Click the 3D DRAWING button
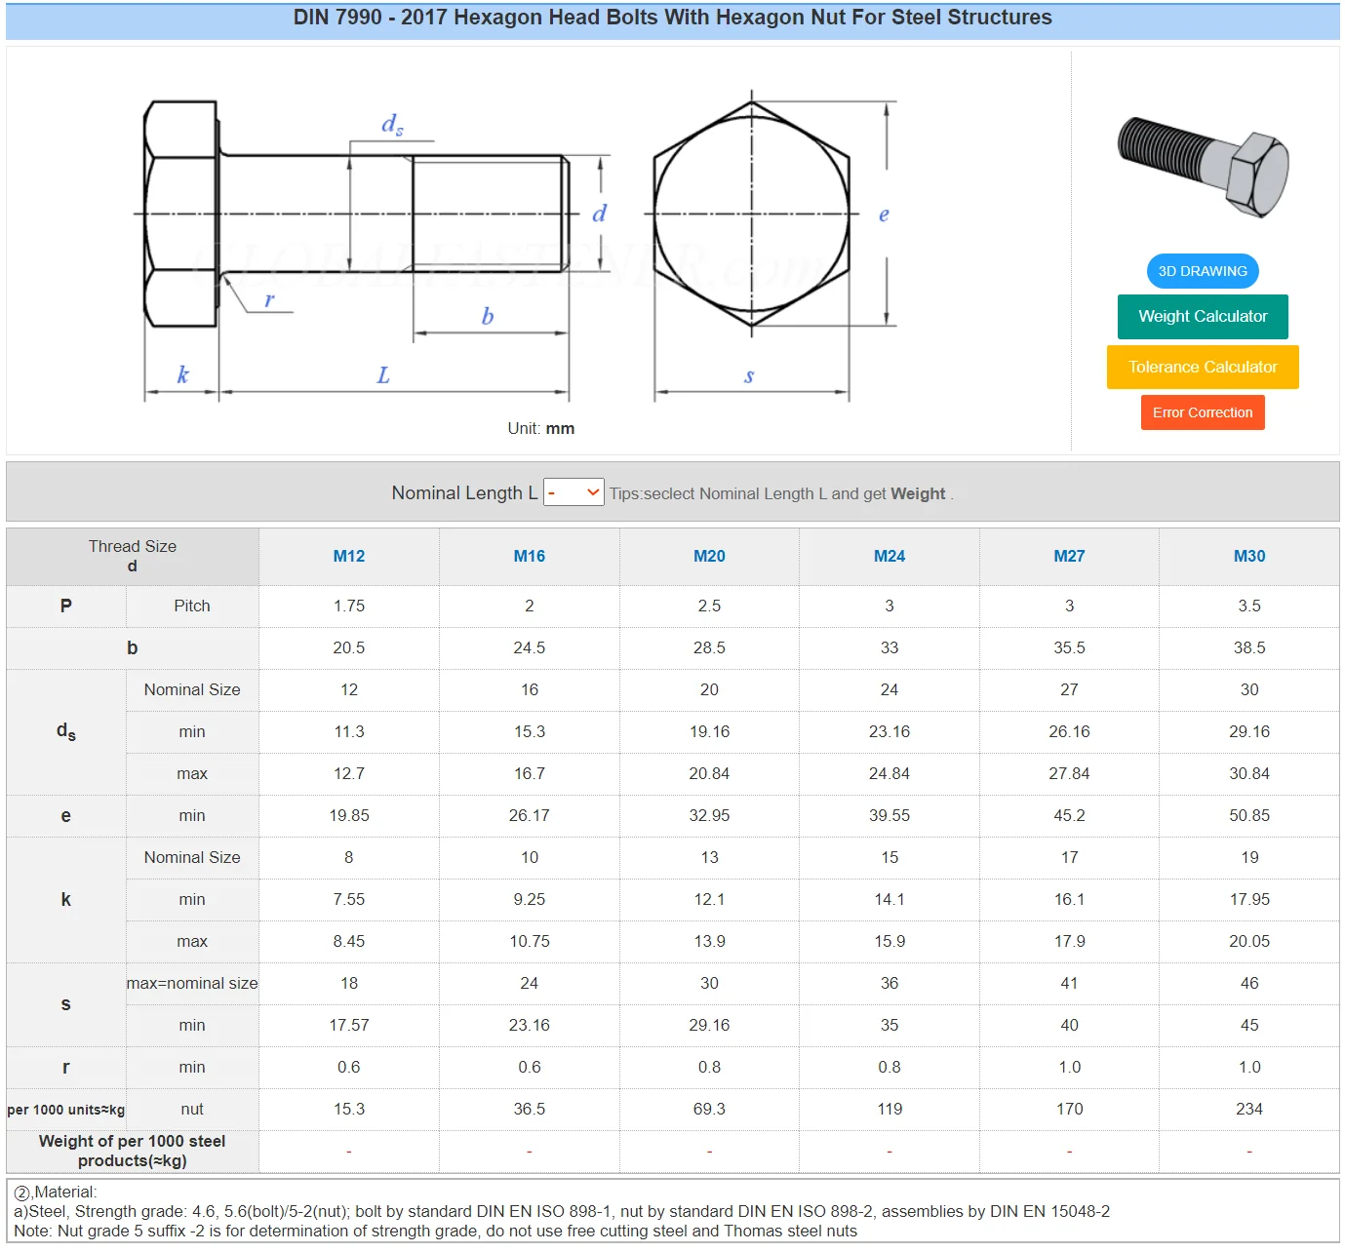point(1202,271)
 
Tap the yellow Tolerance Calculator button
point(1202,367)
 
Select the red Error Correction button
point(1202,412)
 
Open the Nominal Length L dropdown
point(574,492)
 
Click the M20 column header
point(709,556)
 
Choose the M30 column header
point(1248,556)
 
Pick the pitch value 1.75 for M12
point(349,606)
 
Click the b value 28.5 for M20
point(709,647)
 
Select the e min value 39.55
point(889,815)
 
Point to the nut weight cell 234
point(1248,1109)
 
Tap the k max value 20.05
point(1248,941)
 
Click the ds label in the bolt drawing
point(392,124)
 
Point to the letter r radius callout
point(269,300)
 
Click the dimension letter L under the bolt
point(383,375)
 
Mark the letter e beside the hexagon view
point(884,215)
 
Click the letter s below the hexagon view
point(749,375)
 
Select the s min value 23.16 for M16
point(529,1025)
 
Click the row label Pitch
point(192,606)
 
